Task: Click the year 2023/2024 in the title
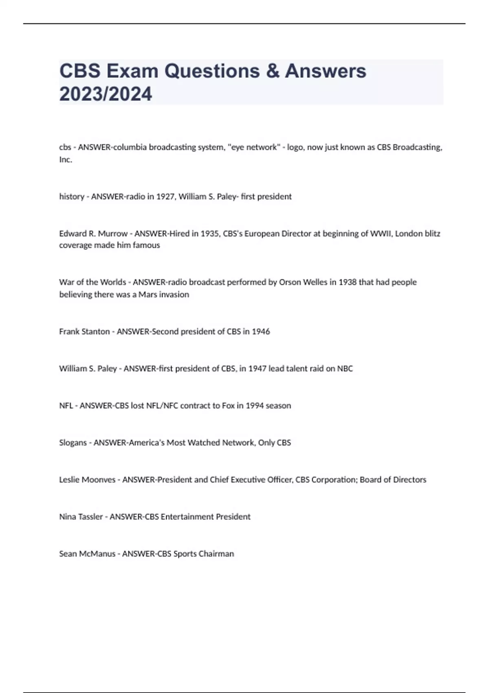[106, 94]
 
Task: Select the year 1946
[261, 331]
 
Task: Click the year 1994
[254, 406]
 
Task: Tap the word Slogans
[73, 443]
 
